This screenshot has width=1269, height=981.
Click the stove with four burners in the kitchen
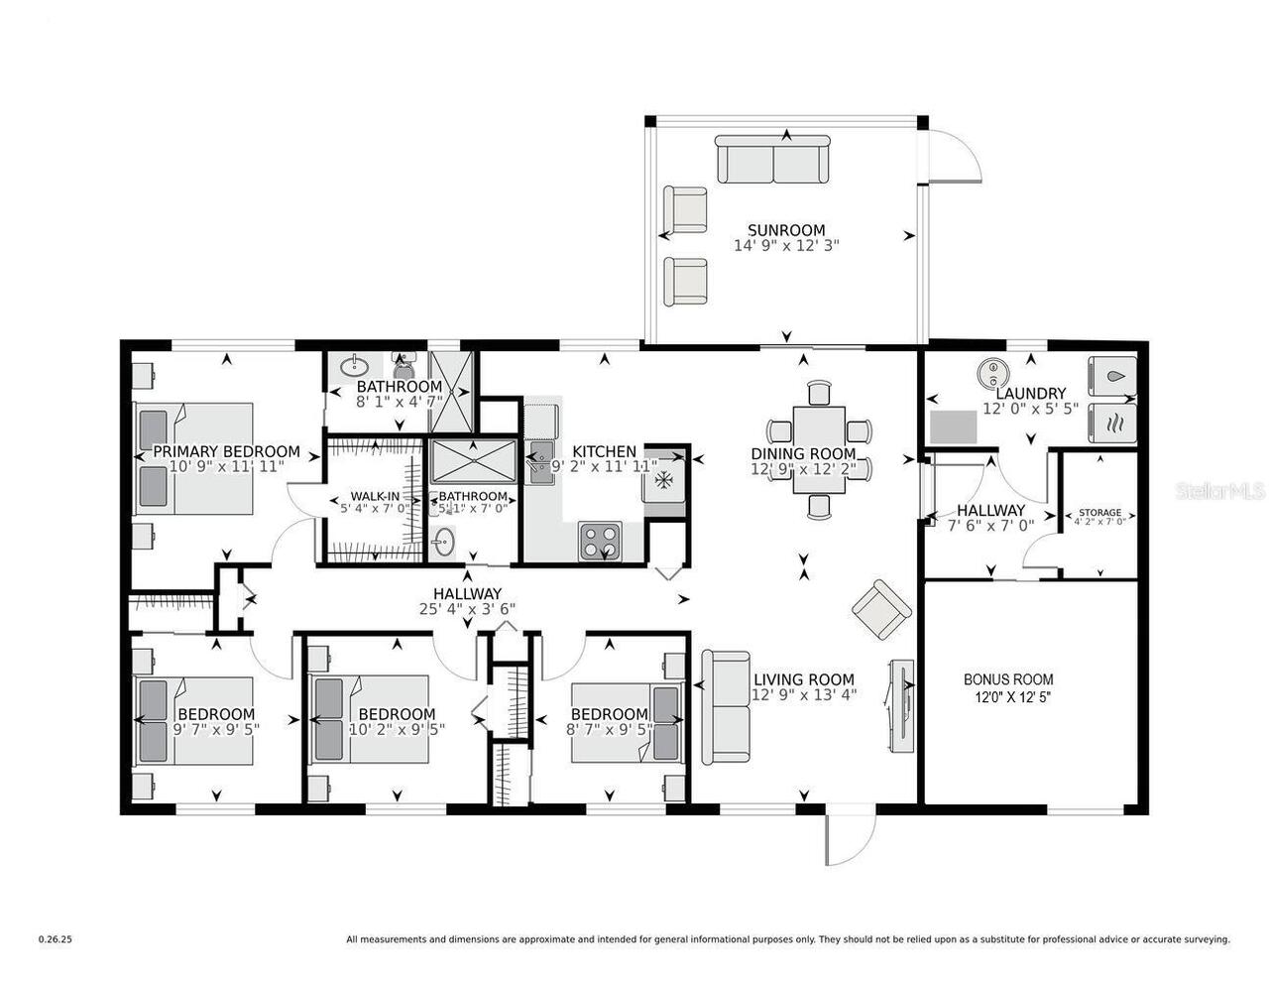[x=600, y=542]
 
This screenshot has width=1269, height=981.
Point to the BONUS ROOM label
[x=1008, y=679]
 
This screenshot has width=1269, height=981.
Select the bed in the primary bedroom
[x=194, y=458]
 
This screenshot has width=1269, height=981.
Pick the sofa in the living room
[x=726, y=706]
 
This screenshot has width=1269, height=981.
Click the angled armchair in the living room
[x=880, y=607]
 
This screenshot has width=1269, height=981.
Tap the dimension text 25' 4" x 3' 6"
[x=466, y=609]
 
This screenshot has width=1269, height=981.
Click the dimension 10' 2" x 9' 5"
[x=397, y=728]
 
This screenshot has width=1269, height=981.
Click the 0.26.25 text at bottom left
[x=56, y=938]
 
